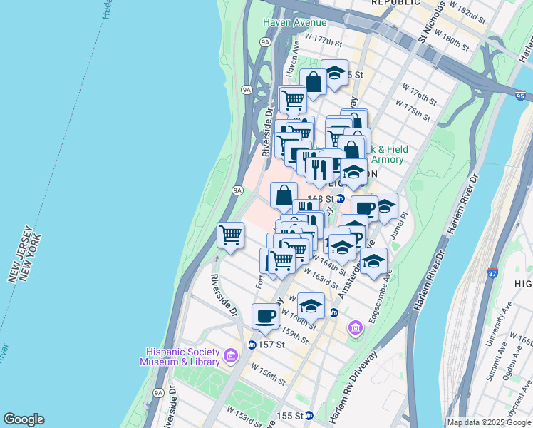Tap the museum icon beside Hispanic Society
click(x=230, y=355)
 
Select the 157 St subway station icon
click(x=252, y=345)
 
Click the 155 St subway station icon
click(x=309, y=415)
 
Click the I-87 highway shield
click(x=493, y=273)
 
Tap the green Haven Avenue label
click(x=291, y=22)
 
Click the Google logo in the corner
click(x=24, y=419)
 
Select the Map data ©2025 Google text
click(x=488, y=422)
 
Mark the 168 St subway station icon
click(x=341, y=199)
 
